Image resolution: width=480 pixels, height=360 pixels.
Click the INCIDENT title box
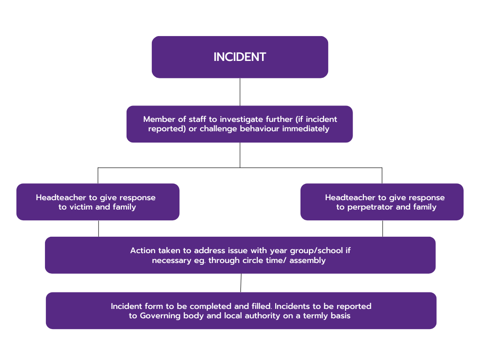pyautogui.click(x=240, y=57)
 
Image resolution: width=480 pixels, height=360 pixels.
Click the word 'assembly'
pyautogui.click(x=307, y=260)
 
